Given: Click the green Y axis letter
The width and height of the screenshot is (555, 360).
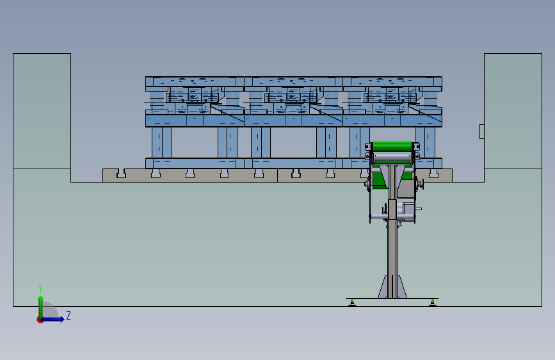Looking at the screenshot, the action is [x=40, y=288].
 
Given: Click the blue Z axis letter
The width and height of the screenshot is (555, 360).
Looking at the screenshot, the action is [x=68, y=315].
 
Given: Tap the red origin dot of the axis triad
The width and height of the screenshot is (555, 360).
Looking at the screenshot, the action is [x=40, y=320].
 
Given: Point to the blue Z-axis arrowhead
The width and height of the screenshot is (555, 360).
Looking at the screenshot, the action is [x=61, y=319].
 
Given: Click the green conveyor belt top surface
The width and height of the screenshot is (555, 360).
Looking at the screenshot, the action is [x=392, y=146].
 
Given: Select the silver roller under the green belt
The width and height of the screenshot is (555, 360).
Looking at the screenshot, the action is [x=392, y=157].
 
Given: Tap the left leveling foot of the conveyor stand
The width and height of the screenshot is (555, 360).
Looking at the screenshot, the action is [x=352, y=303].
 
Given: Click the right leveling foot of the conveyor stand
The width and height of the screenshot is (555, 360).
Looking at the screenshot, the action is [x=433, y=303].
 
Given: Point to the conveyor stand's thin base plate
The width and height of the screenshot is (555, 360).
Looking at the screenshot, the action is [x=392, y=299].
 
